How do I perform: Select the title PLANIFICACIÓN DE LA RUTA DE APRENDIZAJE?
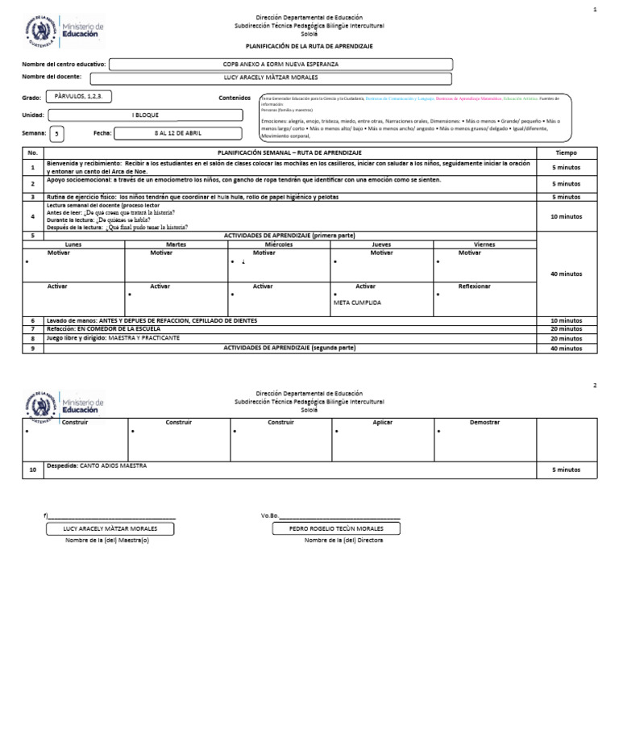point(309,47)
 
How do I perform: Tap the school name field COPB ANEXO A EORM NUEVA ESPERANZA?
point(280,64)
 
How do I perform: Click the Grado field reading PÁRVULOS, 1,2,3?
point(78,96)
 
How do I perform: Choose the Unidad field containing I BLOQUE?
point(145,115)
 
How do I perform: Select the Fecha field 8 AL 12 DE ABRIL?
point(178,132)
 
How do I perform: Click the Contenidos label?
point(235,98)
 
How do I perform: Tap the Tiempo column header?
point(567,152)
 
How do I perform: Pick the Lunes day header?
point(73,244)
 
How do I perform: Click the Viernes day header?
point(484,244)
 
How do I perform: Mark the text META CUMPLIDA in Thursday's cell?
point(357,303)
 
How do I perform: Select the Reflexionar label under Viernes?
point(475,286)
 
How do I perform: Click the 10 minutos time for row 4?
point(567,216)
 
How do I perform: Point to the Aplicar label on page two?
point(383,422)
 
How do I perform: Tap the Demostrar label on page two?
point(484,422)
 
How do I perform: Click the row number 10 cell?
point(33,470)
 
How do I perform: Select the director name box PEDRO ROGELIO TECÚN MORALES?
point(326,529)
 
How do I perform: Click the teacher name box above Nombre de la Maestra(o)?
point(110,529)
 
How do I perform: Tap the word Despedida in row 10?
point(62,466)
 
